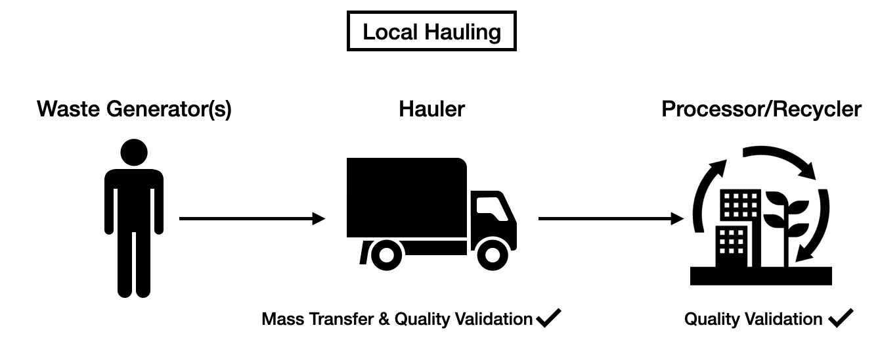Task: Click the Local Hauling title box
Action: click(431, 32)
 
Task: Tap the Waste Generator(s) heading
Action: click(135, 109)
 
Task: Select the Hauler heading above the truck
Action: click(431, 109)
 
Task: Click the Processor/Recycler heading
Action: click(761, 109)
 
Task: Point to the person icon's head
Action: click(134, 153)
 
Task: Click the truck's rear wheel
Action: click(386, 253)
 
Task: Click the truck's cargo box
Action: click(406, 197)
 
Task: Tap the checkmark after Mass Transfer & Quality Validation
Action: click(548, 319)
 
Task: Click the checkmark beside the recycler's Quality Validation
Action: click(840, 319)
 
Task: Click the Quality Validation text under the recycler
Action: click(753, 320)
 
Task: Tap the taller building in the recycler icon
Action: click(741, 207)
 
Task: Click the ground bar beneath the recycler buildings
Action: click(761, 276)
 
